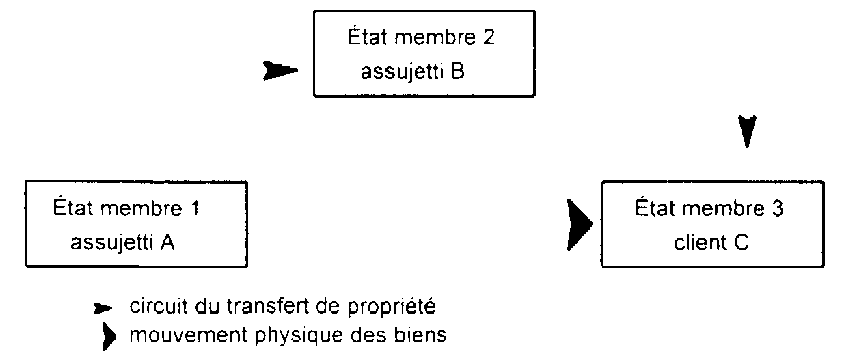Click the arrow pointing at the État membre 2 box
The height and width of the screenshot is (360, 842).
(280, 70)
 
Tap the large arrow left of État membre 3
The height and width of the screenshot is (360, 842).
(580, 225)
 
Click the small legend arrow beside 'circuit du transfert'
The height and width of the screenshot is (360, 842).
(103, 309)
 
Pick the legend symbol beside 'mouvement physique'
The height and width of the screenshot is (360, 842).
(109, 335)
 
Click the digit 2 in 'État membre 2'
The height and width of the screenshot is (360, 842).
(489, 37)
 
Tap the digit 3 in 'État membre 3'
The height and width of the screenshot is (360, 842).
(778, 208)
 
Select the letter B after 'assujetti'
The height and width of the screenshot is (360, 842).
(457, 70)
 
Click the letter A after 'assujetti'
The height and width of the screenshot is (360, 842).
(167, 242)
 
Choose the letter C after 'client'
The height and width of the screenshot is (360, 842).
(742, 242)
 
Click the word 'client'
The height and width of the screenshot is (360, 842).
(700, 242)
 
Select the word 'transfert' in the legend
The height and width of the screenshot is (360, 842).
(268, 306)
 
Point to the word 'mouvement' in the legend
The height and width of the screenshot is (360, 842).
(188, 335)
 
